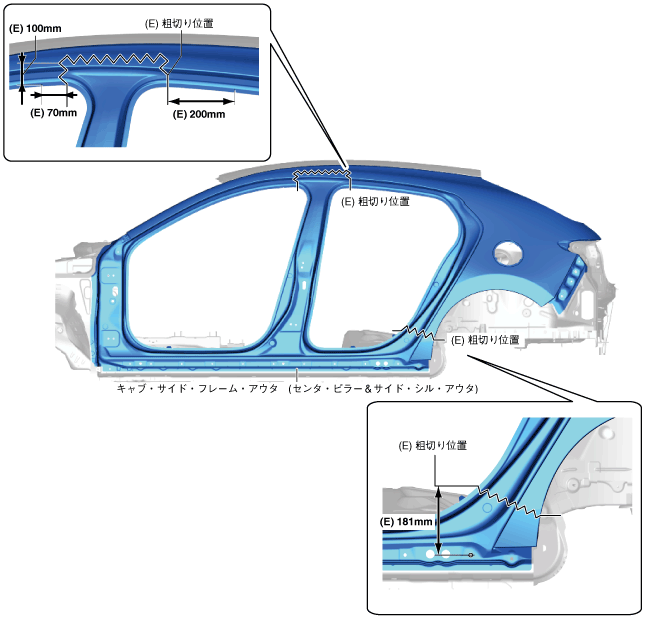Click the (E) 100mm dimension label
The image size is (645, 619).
pos(35,29)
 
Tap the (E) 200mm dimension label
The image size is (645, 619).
pos(199,114)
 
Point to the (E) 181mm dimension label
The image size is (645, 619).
pos(407,521)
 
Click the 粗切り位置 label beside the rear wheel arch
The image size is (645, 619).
pos(485,340)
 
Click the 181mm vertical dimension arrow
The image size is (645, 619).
pos(438,521)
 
